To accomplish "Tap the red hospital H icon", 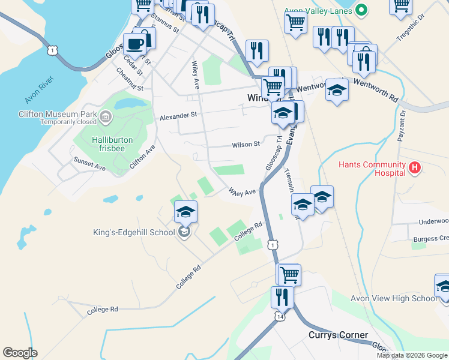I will click(414, 169).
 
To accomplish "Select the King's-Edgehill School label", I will click(134, 232).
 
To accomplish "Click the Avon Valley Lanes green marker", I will click(361, 10).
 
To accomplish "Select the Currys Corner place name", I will click(338, 335).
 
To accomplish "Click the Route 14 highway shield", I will click(280, 316).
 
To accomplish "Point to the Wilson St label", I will click(246, 144).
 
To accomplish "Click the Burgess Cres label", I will click(433, 239).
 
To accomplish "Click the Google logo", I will click(20, 353).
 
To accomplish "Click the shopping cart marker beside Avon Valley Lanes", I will click(295, 23).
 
